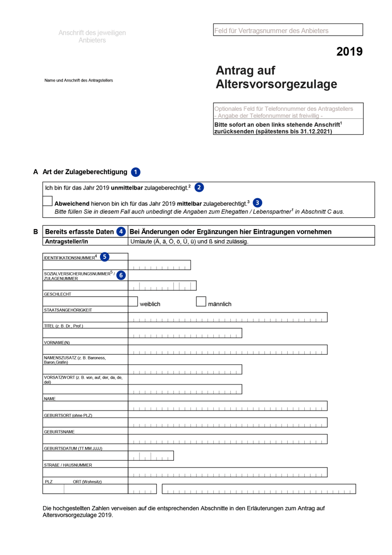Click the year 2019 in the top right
click(x=349, y=52)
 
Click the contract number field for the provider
click(x=288, y=30)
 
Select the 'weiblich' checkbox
click(x=133, y=302)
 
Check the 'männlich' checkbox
click(x=201, y=302)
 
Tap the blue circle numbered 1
click(x=136, y=172)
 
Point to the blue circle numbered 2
click(x=199, y=187)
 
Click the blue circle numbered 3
click(x=257, y=202)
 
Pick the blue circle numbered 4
click(x=121, y=232)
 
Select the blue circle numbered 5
click(x=105, y=257)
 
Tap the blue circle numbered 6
click(x=121, y=275)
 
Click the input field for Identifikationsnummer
click(x=159, y=265)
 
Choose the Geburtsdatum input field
click(x=151, y=456)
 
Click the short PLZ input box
click(x=142, y=489)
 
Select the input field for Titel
click(x=185, y=333)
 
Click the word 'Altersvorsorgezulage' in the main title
click(x=276, y=84)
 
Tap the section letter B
click(x=35, y=232)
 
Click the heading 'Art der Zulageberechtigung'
click(x=85, y=172)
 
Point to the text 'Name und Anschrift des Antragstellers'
click(x=79, y=80)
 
